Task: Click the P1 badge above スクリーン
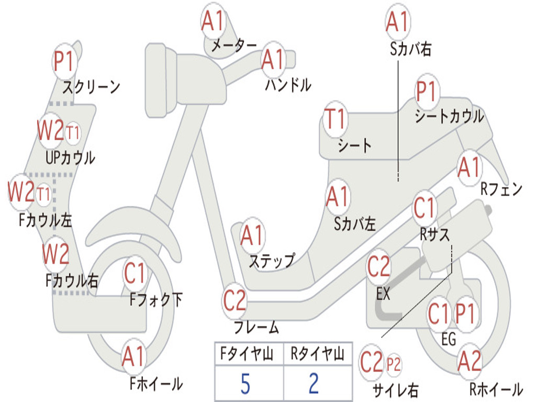[x=65, y=62]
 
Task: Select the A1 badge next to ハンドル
[x=273, y=59]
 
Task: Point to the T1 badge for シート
[x=336, y=119]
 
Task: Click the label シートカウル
[x=449, y=117]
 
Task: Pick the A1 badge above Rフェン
[x=469, y=167]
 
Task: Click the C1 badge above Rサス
[x=425, y=208]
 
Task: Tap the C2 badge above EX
[x=378, y=267]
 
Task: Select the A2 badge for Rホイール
[x=470, y=362]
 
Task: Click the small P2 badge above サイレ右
[x=393, y=364]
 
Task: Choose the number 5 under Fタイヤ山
[x=245, y=384]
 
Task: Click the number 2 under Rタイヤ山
[x=314, y=384]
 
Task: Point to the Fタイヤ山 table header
[x=245, y=355]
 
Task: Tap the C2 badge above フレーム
[x=234, y=300]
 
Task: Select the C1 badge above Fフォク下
[x=136, y=272]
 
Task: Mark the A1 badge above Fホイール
[x=133, y=358]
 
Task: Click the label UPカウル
[x=70, y=157]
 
